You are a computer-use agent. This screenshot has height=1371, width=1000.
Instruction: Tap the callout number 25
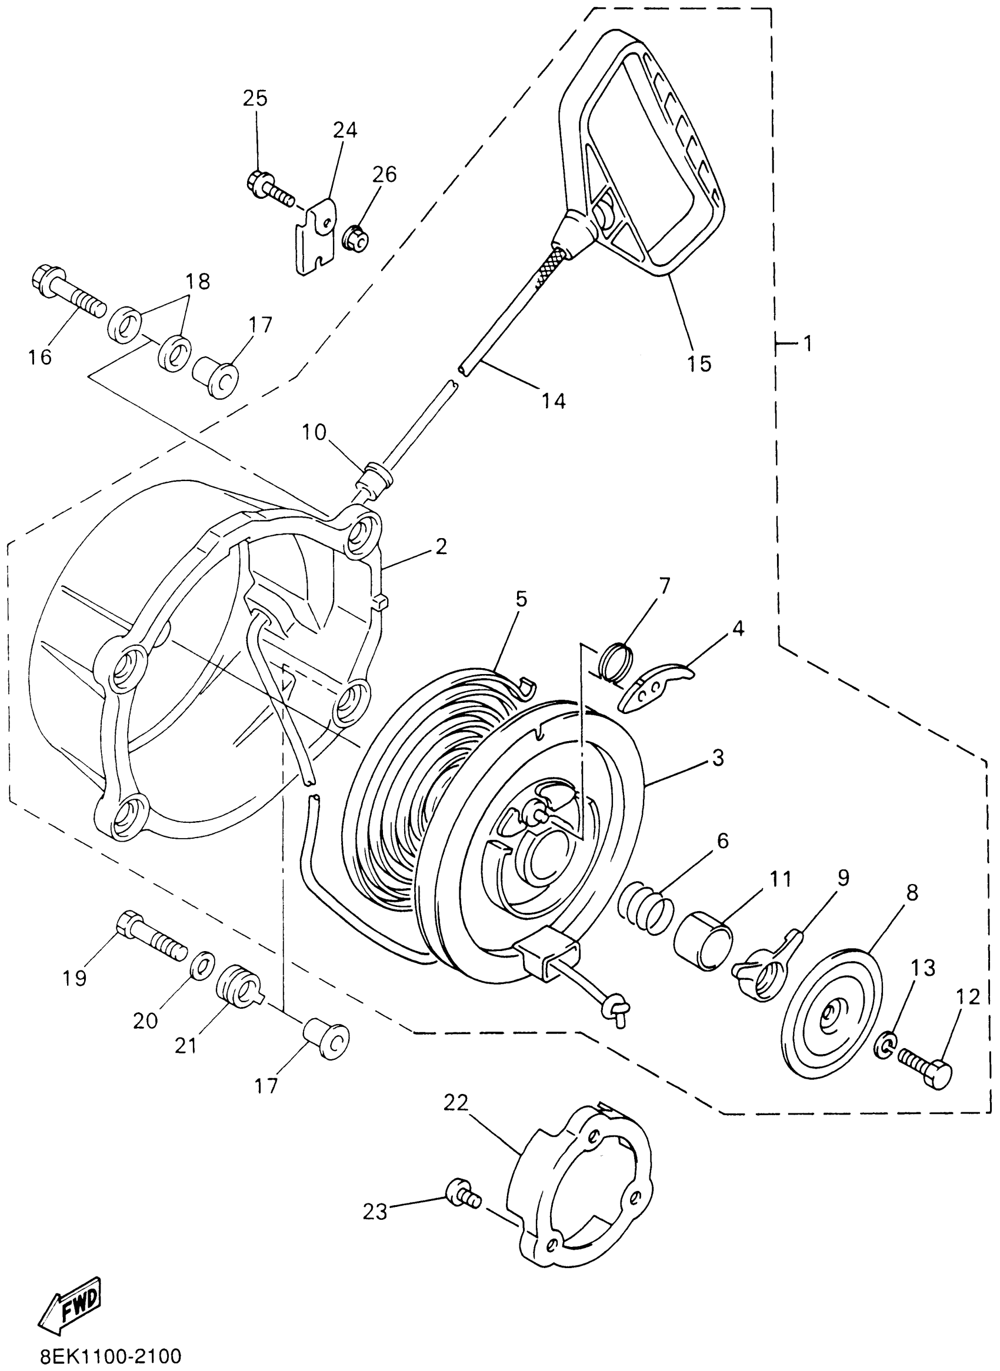click(x=255, y=98)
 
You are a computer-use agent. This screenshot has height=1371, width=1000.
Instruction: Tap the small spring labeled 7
click(x=616, y=662)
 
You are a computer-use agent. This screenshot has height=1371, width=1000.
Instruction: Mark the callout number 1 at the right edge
click(x=806, y=344)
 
